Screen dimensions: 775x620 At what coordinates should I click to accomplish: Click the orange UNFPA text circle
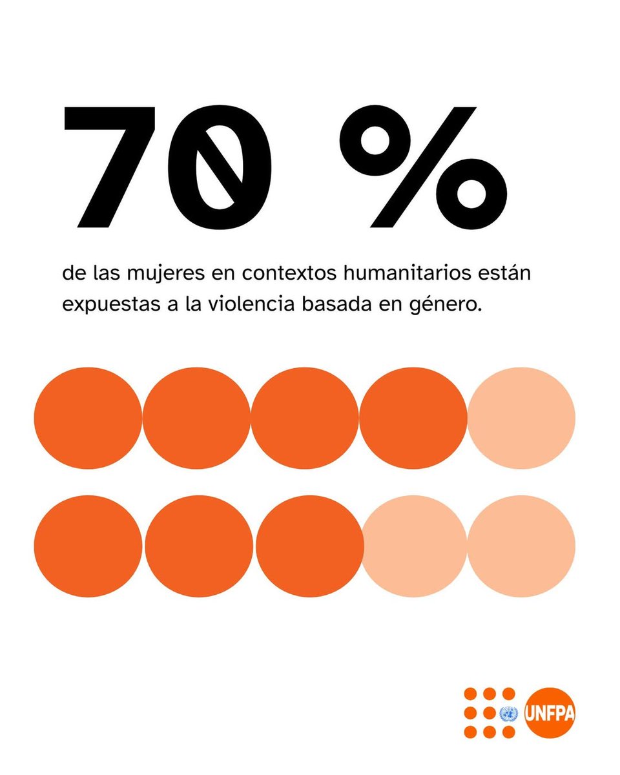point(550,712)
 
